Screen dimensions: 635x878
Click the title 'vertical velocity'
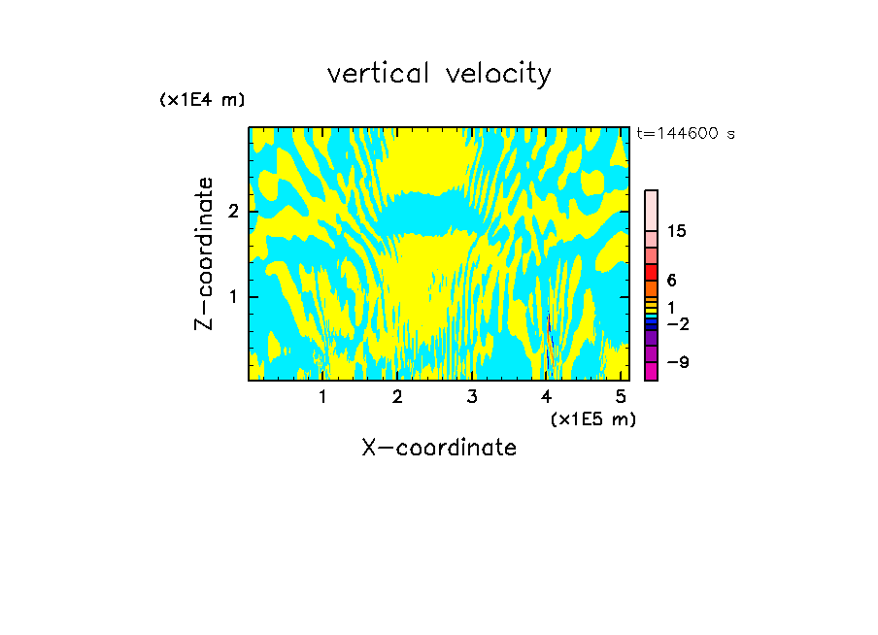(439, 74)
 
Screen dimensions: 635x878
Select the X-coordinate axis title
(439, 448)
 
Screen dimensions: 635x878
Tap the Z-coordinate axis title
(204, 253)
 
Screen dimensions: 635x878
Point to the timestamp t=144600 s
(686, 133)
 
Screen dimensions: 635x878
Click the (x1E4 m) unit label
(202, 100)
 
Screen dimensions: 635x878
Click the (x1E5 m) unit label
(592, 418)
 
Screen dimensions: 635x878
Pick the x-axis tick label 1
(322, 397)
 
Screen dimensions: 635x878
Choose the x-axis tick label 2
(397, 397)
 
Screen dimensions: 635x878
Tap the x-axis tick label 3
(472, 397)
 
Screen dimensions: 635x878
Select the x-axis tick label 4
(547, 397)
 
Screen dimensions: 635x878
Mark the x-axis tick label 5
(622, 397)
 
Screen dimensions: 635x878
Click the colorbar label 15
(678, 231)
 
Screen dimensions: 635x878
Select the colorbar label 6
(671, 281)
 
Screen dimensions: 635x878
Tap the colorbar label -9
(678, 362)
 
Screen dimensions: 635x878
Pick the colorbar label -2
(678, 323)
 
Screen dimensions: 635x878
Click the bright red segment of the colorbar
(652, 272)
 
